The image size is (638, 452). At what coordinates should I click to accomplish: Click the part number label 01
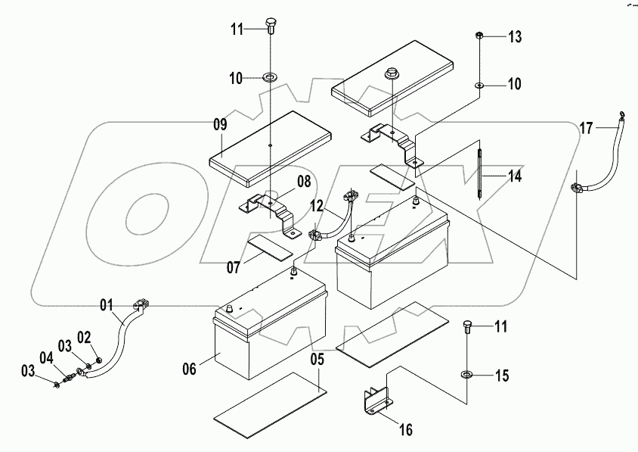point(110,306)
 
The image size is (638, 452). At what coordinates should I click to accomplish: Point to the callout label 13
point(514,36)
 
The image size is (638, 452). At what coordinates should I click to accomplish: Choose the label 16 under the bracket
point(405,430)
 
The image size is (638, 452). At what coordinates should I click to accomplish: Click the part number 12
point(317,206)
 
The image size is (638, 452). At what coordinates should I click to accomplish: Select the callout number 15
point(502,376)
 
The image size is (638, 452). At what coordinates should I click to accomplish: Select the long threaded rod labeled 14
point(479,171)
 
